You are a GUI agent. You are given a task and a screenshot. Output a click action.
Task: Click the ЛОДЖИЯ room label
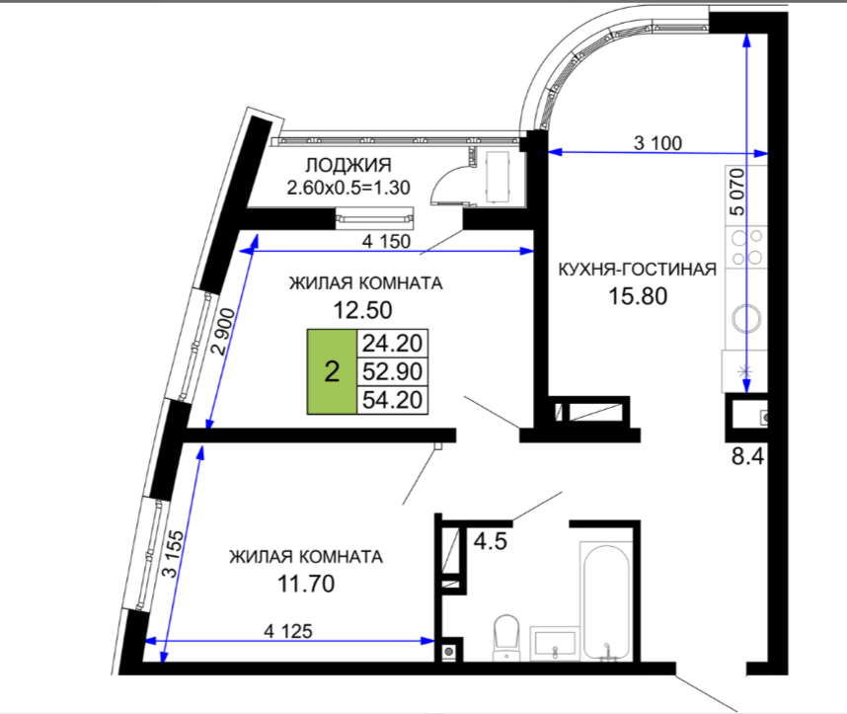click(348, 165)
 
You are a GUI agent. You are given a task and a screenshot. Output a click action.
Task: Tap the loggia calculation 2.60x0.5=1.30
click(348, 188)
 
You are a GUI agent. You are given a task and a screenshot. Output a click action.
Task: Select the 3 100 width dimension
click(657, 143)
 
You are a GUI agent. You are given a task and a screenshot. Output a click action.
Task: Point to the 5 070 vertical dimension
click(736, 192)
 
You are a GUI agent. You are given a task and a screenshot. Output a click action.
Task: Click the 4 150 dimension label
click(386, 241)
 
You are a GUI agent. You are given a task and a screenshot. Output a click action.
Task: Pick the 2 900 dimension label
click(224, 331)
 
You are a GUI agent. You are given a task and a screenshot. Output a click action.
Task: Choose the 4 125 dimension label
click(288, 631)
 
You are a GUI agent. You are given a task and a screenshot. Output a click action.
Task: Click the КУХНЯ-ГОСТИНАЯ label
click(638, 270)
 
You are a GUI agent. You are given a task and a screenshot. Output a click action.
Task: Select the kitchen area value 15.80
click(638, 296)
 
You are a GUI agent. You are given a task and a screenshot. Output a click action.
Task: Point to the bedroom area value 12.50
click(362, 310)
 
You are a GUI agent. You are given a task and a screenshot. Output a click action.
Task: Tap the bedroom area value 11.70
click(306, 584)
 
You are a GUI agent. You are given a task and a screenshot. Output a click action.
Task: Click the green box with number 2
click(333, 371)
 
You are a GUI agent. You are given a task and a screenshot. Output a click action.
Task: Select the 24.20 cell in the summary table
click(393, 344)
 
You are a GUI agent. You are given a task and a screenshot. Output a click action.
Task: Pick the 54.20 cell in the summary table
click(393, 400)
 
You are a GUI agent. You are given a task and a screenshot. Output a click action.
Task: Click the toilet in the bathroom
click(506, 637)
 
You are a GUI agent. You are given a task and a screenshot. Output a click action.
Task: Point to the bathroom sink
click(554, 643)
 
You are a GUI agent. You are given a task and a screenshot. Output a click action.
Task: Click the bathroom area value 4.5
click(491, 541)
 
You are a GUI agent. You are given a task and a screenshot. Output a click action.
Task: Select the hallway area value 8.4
click(748, 456)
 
